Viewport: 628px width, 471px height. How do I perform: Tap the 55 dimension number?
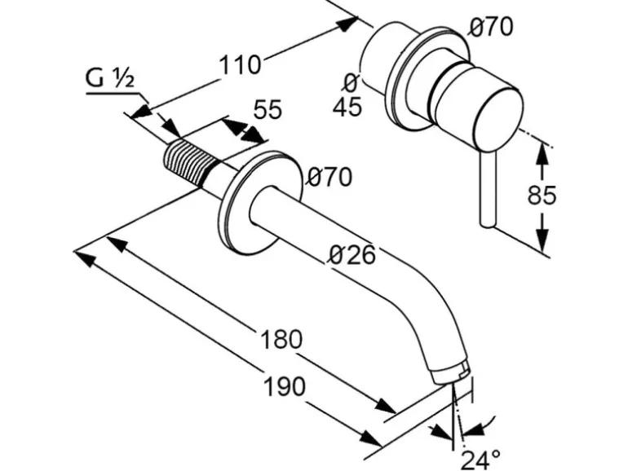267,109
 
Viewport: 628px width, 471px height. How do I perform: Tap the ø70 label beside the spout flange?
327,177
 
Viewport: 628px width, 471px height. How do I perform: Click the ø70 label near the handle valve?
491,28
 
